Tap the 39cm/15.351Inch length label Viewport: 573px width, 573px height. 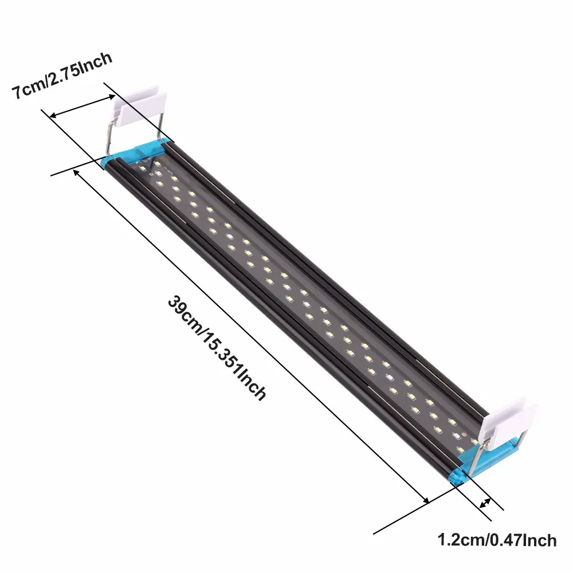click(217, 348)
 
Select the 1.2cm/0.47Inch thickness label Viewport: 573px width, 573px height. click(497, 539)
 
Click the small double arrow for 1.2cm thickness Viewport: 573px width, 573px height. click(486, 503)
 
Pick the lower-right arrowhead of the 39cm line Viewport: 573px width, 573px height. click(425, 500)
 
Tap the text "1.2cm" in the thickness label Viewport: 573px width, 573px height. click(459, 539)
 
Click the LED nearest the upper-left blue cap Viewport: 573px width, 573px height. click(142, 168)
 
